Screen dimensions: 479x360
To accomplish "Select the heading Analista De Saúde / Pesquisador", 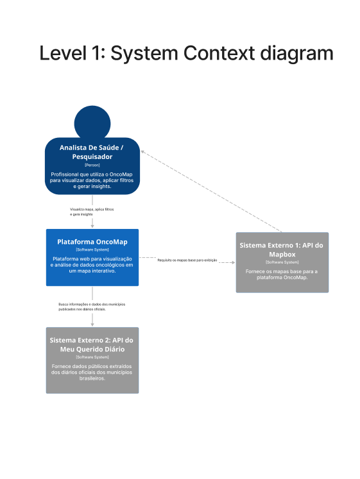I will (x=92, y=152).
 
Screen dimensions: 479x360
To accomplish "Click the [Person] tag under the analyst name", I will (x=92, y=165).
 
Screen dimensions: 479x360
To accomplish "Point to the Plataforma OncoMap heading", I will (x=92, y=241).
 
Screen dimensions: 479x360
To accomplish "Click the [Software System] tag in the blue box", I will (x=92, y=249).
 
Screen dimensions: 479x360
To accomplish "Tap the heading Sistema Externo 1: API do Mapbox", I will (x=282, y=250).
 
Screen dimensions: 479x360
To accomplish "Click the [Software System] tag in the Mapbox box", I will (x=282, y=262).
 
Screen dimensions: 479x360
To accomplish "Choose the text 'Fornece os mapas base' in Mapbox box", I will (x=282, y=272).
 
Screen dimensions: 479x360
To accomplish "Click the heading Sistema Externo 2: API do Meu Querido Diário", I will (x=92, y=345).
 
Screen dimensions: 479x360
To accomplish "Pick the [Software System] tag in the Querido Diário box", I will (x=92, y=357).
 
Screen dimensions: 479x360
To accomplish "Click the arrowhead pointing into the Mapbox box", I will (x=232, y=262).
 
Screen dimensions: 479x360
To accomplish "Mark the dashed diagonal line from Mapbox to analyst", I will (x=212, y=191).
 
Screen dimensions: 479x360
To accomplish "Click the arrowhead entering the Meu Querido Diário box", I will (x=92, y=324).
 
